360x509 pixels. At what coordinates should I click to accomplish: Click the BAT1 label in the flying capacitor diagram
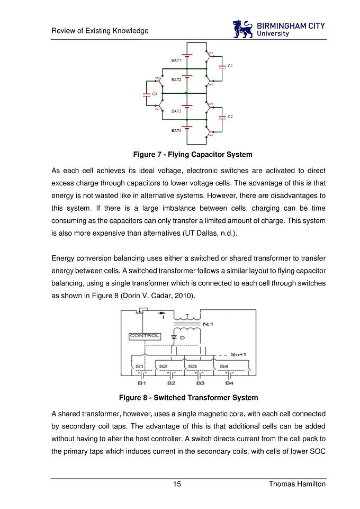coord(176,60)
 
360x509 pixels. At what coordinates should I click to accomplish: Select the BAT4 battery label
coord(176,130)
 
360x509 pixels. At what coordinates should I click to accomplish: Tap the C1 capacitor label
coord(230,66)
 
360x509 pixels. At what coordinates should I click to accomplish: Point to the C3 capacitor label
coord(155,94)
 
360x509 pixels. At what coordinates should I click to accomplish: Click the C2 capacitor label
coord(230,116)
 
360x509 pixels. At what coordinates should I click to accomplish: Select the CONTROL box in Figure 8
coord(145,336)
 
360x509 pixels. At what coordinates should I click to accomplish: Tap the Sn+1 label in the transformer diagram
coord(239,354)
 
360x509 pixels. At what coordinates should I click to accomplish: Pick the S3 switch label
coord(193,366)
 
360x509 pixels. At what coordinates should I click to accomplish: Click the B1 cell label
coord(142,382)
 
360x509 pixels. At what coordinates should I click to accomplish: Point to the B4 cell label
coord(229,382)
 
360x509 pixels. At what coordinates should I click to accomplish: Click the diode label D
coord(182,337)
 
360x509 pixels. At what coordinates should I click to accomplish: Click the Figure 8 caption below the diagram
coord(188,397)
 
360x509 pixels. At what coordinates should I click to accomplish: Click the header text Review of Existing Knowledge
coord(100,31)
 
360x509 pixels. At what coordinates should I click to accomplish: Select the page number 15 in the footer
coord(177,484)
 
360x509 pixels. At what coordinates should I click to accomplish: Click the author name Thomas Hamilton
coord(297,484)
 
